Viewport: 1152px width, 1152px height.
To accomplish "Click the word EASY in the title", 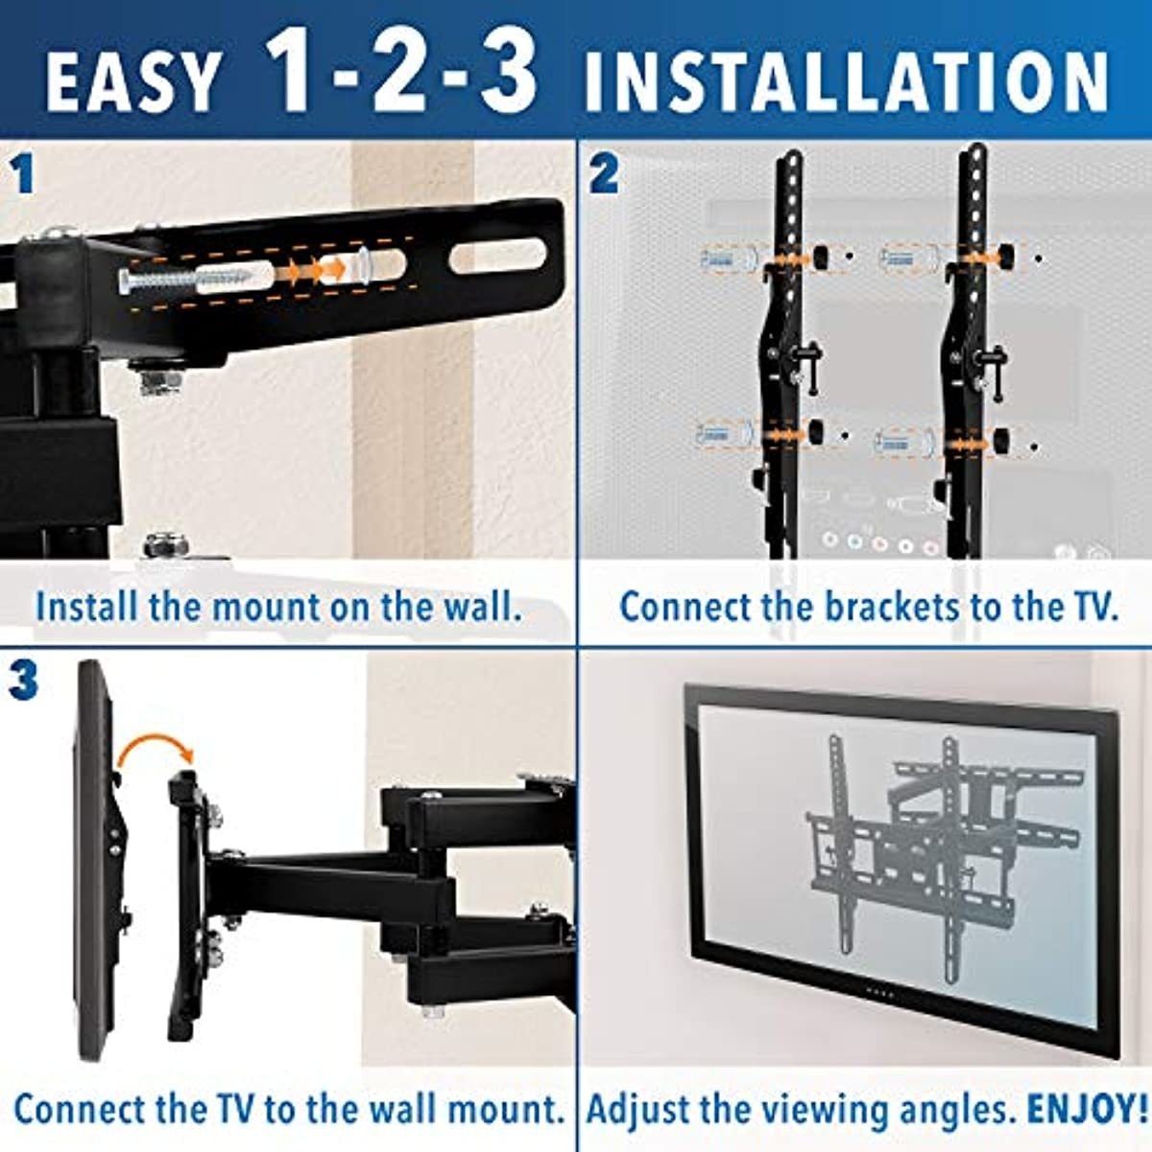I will [x=132, y=82].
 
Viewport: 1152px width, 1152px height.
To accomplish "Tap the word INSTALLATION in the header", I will [x=846, y=82].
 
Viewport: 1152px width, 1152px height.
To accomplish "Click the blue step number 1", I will [x=21, y=176].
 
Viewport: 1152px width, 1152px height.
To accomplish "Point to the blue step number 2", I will [x=604, y=176].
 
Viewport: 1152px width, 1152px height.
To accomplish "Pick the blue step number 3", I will [x=23, y=680].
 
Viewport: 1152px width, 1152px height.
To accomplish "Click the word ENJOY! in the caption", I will [x=1085, y=1109].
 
